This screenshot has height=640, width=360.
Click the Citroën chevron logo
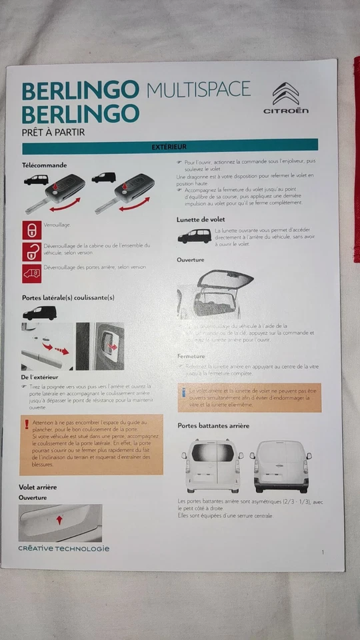coord(285,93)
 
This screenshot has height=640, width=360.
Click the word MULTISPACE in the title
coord(198,89)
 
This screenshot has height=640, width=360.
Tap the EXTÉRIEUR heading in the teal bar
coord(169,146)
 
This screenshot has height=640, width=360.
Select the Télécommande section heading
coord(45,165)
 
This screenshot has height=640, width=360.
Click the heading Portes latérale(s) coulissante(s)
coord(68,298)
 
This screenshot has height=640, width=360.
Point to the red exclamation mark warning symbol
coord(27,424)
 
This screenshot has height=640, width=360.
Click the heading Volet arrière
coord(37,487)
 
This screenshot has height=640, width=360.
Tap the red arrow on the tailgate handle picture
coord(59,519)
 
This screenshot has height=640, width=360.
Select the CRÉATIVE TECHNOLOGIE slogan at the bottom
coord(63,549)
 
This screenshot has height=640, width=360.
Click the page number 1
coord(323,552)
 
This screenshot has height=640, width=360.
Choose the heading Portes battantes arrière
coord(213,425)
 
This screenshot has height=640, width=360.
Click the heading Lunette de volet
coord(201,219)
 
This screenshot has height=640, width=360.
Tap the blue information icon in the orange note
coord(183,393)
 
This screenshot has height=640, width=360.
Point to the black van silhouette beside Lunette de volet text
coord(194,236)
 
